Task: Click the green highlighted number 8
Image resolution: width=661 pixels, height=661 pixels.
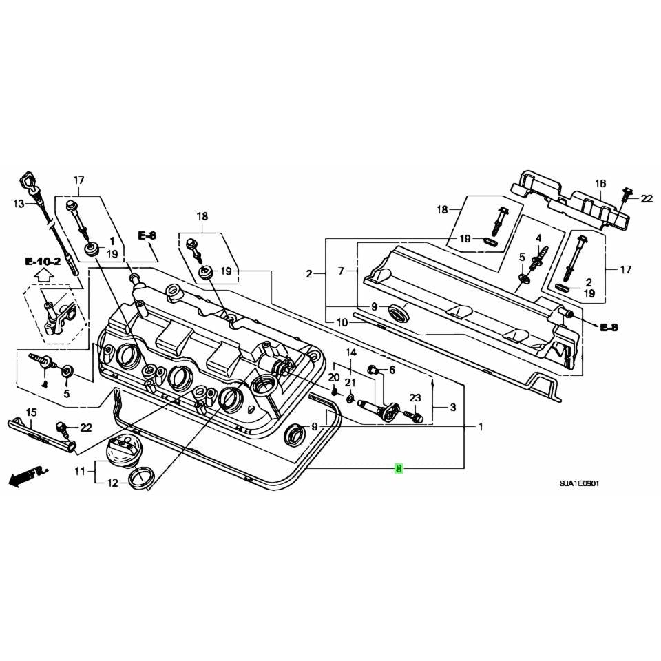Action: [x=399, y=469]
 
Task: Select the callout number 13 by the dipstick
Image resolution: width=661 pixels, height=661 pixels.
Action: [x=19, y=204]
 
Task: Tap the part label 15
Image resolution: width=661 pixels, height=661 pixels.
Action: [x=31, y=412]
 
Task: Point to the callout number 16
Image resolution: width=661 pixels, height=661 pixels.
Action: [x=600, y=183]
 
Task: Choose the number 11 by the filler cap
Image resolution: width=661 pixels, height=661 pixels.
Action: [x=80, y=472]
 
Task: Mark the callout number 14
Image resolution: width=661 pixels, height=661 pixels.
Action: [x=351, y=352]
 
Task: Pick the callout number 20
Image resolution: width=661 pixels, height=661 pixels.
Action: [x=333, y=377]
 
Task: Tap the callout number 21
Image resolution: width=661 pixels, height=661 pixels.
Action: [x=350, y=383]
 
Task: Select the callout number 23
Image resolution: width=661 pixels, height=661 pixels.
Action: [x=415, y=398]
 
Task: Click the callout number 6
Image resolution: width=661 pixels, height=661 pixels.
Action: [x=392, y=370]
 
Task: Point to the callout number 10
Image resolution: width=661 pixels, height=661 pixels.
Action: [x=342, y=322]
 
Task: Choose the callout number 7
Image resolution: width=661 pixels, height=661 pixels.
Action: [x=341, y=272]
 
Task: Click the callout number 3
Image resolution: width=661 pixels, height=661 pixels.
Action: [x=452, y=408]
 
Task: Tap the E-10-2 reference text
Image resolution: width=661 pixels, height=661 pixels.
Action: [x=43, y=262]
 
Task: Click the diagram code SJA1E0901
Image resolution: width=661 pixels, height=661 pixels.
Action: [x=579, y=484]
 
